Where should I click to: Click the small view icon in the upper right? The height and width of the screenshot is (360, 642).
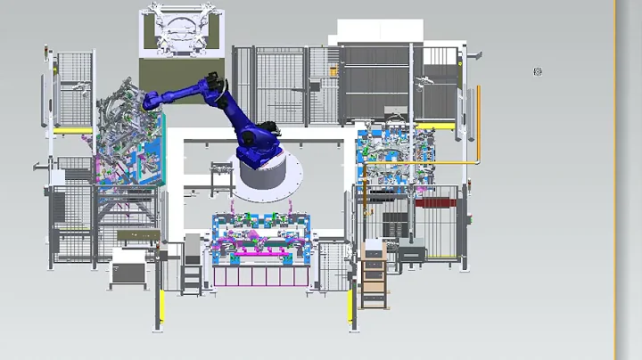click(x=537, y=71)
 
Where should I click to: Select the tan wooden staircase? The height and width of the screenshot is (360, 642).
click(x=374, y=280)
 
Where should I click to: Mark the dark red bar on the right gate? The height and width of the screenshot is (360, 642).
click(x=438, y=203)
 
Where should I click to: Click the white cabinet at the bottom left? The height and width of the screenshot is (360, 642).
click(x=128, y=268)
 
